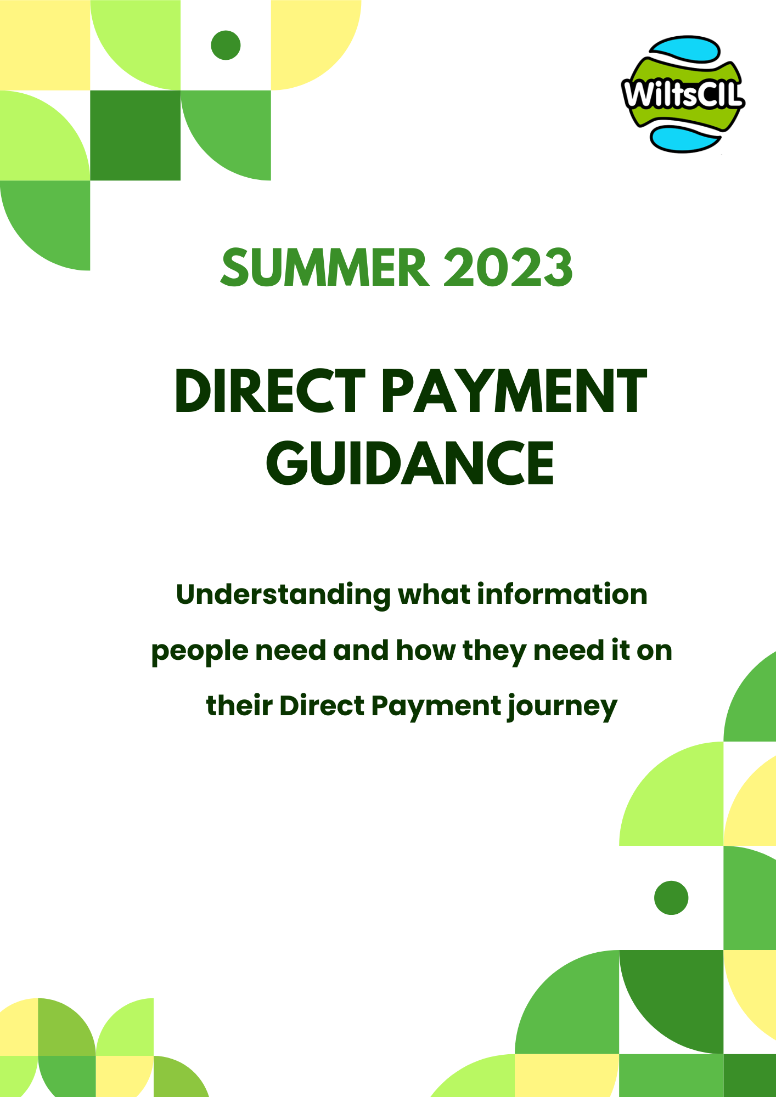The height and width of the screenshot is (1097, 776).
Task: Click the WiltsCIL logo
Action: [x=683, y=94]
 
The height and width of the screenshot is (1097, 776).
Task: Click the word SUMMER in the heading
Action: [x=324, y=268]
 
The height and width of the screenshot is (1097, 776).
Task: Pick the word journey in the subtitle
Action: [x=562, y=706]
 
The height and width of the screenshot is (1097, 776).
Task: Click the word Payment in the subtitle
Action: [x=435, y=706]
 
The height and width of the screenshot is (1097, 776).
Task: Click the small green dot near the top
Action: [x=226, y=45]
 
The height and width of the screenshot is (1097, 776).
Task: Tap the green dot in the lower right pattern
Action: [x=671, y=898]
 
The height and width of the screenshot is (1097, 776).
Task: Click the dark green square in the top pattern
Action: [x=135, y=135]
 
